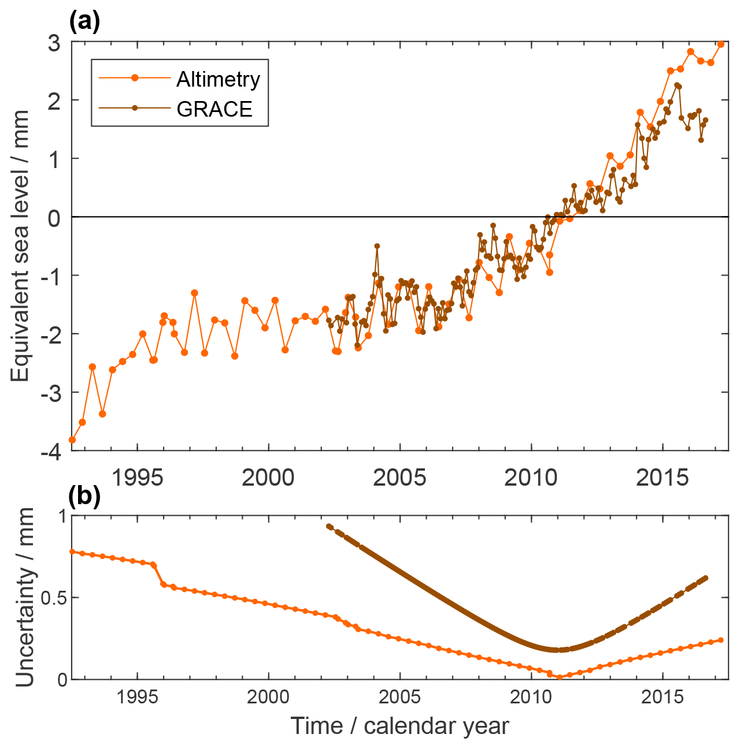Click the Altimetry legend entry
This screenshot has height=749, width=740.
(218, 79)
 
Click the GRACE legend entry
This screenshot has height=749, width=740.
(214, 109)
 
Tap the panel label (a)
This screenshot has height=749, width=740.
(84, 21)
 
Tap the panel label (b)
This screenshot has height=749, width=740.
(84, 495)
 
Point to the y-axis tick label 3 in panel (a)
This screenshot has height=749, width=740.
(54, 43)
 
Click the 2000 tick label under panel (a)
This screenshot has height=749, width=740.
(268, 478)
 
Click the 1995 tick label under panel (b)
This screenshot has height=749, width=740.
(137, 698)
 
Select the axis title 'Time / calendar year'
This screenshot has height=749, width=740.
(399, 726)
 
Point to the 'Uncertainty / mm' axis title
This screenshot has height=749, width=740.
(24, 598)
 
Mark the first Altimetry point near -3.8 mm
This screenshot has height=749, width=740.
(72, 440)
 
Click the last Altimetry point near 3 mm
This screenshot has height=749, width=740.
(721, 44)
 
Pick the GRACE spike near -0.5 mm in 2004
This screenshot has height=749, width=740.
(377, 246)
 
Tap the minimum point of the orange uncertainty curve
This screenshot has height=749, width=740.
(559, 677)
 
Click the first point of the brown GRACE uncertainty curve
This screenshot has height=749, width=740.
(328, 526)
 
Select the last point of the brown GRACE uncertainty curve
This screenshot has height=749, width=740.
(706, 577)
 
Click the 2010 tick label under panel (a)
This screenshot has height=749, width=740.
(530, 478)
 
